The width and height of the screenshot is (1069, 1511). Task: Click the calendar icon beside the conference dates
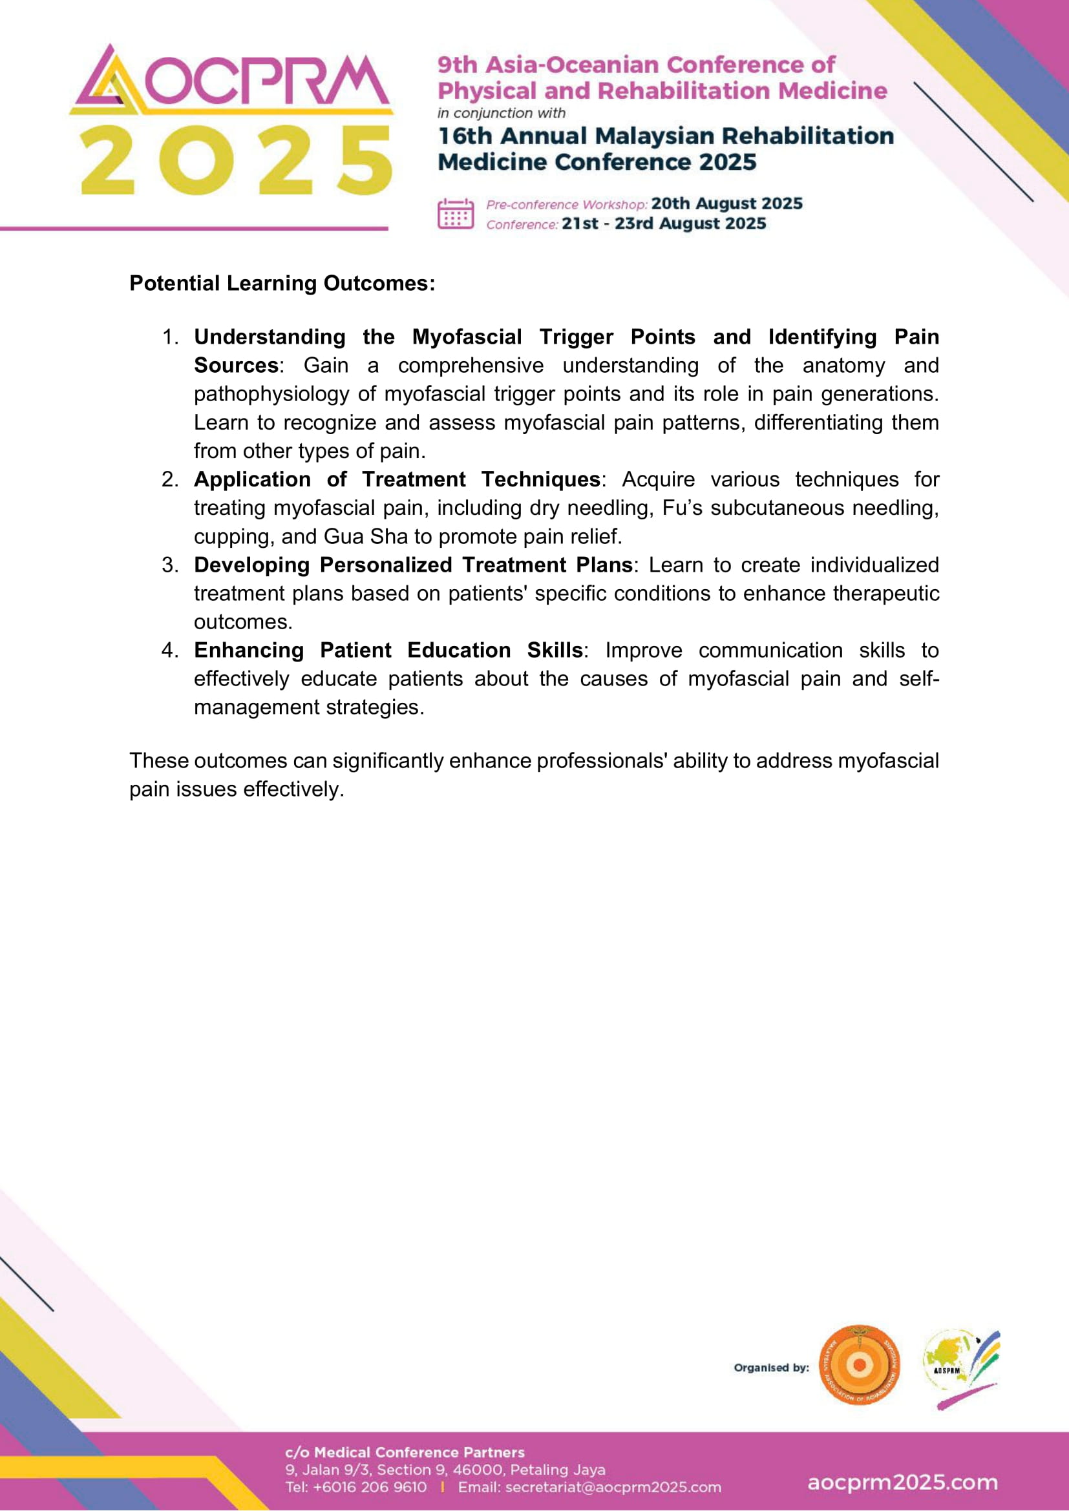[x=455, y=213]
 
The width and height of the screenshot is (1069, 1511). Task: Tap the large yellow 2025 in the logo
[x=237, y=162]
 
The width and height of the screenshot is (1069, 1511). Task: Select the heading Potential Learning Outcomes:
[x=282, y=283]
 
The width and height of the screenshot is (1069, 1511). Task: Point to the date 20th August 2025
[x=726, y=203]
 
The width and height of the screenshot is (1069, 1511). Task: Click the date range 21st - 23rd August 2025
[x=664, y=224]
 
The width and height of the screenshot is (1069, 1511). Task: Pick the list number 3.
[x=170, y=565]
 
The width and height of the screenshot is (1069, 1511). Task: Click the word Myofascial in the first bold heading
[x=467, y=337]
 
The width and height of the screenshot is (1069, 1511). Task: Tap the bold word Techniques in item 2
[x=540, y=479]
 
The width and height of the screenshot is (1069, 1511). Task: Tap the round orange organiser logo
[x=859, y=1365]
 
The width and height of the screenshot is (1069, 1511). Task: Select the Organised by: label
[x=771, y=1368]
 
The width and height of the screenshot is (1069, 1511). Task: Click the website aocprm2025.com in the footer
[x=902, y=1483]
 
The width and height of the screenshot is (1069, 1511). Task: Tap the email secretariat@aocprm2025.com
[x=612, y=1487]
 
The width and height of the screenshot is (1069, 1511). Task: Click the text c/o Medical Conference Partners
[x=404, y=1452]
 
